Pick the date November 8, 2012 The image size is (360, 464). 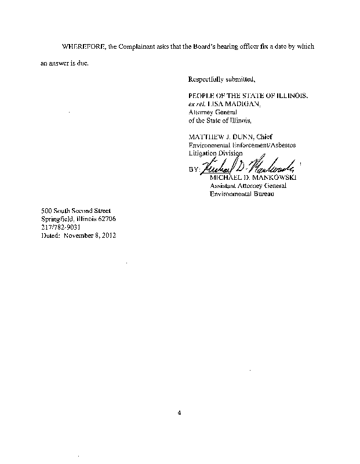pos(90,235)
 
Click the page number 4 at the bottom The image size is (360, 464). pos(180,413)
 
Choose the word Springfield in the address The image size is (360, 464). pos(57,219)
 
